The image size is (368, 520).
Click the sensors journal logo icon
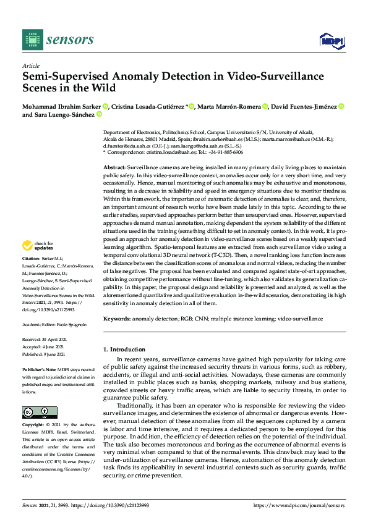pos(31,40)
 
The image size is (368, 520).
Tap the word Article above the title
pos(30,66)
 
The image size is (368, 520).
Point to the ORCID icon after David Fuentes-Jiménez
pos(341,107)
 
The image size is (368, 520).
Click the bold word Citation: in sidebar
pos(31,274)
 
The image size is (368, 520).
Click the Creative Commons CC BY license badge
pos(36,412)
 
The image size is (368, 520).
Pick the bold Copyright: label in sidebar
pos(34,426)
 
